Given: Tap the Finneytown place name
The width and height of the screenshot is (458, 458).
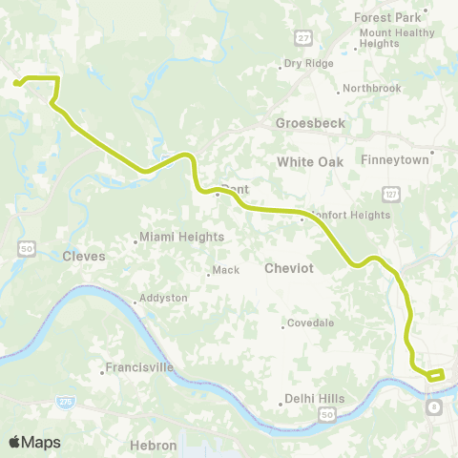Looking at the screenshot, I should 393,159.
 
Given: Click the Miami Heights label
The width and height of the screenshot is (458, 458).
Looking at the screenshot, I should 181,237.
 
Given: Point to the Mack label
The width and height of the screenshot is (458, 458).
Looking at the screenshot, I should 225,270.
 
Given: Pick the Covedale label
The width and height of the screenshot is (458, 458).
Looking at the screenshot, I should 311,323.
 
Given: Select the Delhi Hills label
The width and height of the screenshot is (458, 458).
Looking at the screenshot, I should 314,399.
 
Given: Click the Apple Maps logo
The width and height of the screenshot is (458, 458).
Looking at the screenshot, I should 35,442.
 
